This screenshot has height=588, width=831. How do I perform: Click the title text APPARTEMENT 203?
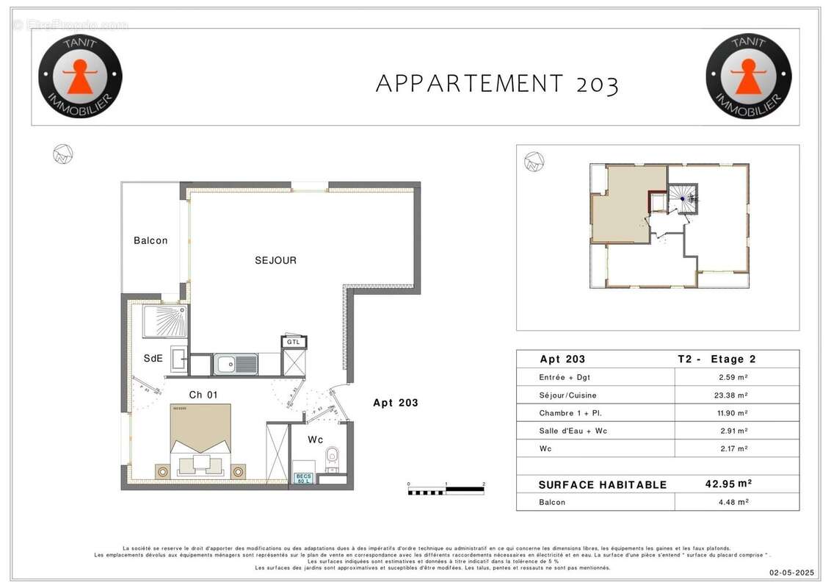pos(497,84)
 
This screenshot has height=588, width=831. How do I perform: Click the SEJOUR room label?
pos(275,260)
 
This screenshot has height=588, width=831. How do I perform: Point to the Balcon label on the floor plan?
pos(150,240)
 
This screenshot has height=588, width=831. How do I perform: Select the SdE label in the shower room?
pos(153,358)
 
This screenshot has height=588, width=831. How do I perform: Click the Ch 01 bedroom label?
pos(203,395)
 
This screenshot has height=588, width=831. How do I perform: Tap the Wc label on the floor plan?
pos(316,440)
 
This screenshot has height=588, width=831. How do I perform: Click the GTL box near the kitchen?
pos(294,342)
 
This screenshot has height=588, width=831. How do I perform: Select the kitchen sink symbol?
pos(235,364)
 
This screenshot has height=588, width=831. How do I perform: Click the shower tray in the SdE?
pos(164,322)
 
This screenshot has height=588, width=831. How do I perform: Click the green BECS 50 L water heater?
pos(302,478)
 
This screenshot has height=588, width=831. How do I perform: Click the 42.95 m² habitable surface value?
pos(727,484)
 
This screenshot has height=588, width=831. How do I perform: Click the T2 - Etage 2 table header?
pos(716,359)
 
